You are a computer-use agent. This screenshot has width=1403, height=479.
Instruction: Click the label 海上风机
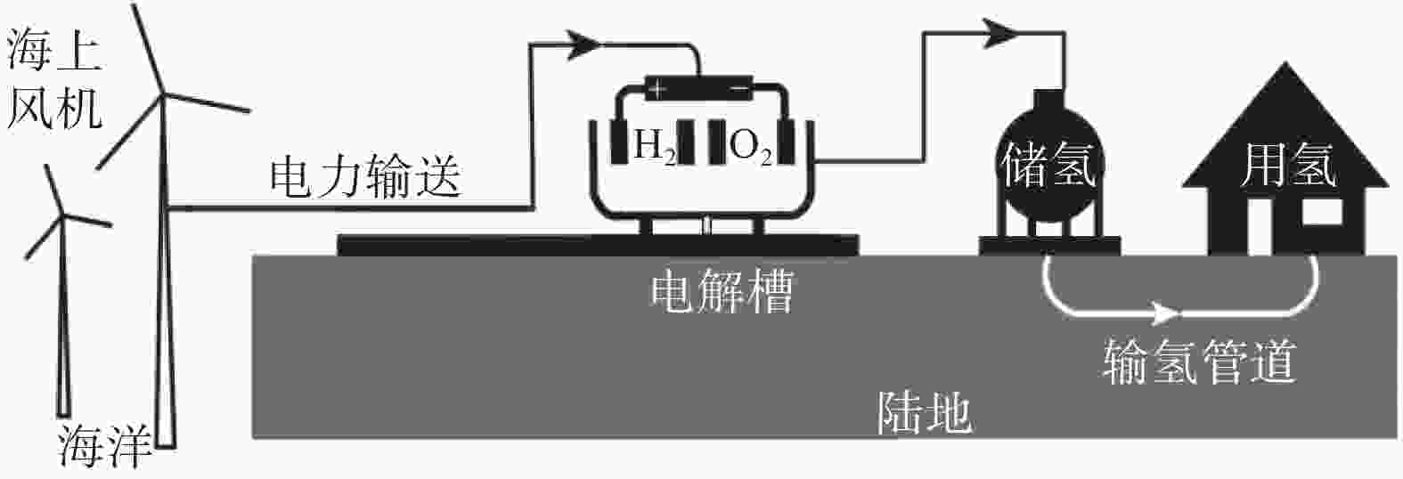click(x=53, y=80)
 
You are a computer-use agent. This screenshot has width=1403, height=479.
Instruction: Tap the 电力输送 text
click(x=366, y=176)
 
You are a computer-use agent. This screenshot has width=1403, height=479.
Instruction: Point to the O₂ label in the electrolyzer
click(x=750, y=147)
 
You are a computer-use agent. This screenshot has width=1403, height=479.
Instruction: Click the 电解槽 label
click(x=722, y=291)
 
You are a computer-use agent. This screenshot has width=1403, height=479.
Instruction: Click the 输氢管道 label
click(x=1199, y=361)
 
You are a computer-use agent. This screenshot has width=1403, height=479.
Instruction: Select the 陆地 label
click(x=924, y=413)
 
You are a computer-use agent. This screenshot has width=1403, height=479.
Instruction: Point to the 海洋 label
click(x=105, y=446)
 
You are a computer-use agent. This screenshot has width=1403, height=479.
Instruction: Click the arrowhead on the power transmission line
click(x=583, y=45)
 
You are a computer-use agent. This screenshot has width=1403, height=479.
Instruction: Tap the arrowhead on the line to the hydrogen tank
click(x=1001, y=33)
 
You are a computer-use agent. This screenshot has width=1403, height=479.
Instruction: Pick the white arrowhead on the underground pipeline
click(x=1166, y=312)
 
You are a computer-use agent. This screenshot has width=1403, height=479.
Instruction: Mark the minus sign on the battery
click(x=740, y=89)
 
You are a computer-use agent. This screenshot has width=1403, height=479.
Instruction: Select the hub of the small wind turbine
click(x=62, y=216)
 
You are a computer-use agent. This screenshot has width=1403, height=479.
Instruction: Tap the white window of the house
click(x=1322, y=212)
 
